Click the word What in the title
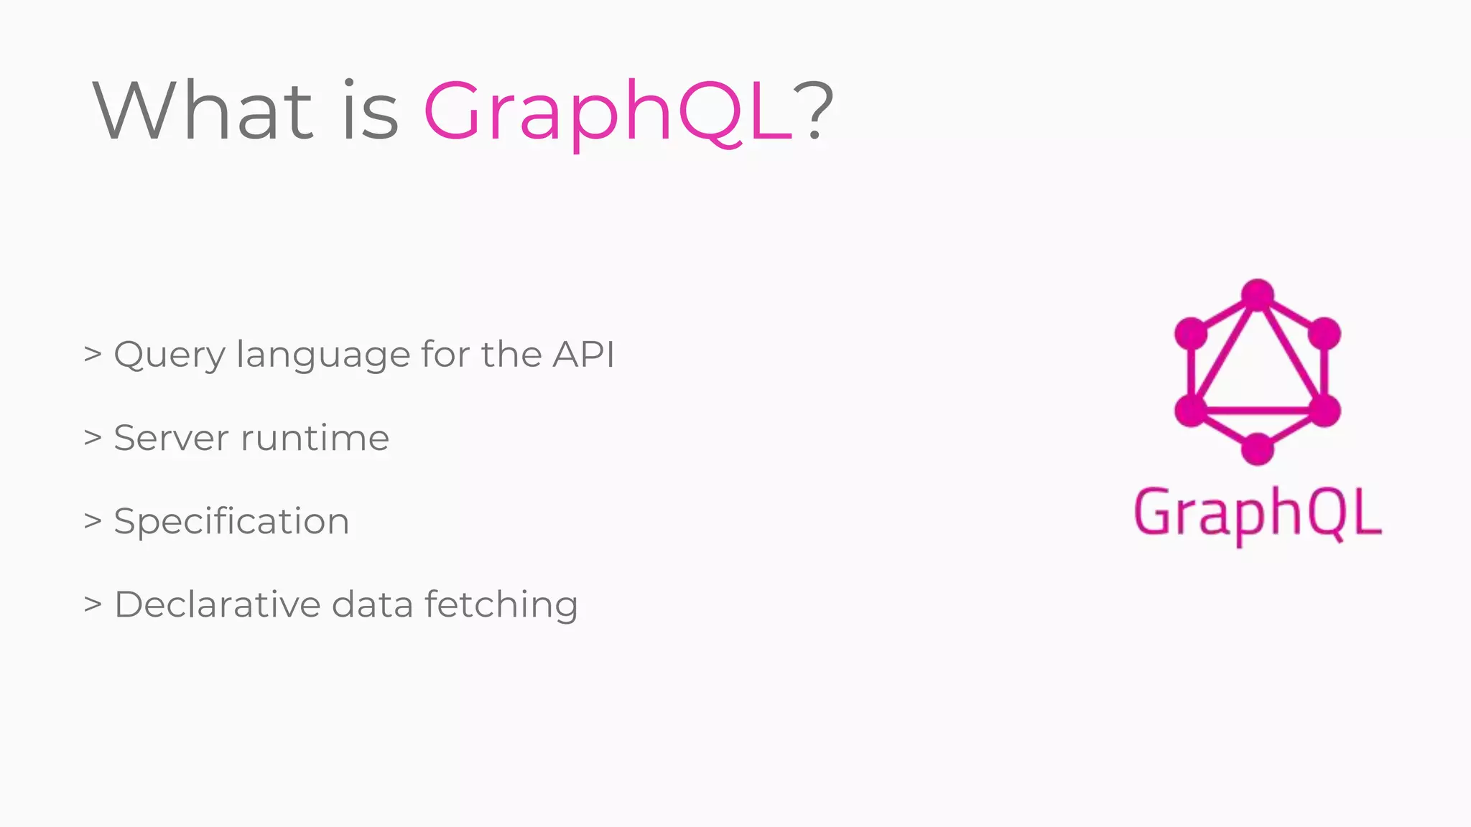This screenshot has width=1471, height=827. [203, 111]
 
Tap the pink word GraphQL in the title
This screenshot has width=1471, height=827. [608, 112]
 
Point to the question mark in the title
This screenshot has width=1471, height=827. [814, 111]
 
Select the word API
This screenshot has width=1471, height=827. [583, 354]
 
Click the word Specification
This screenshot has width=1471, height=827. [231, 522]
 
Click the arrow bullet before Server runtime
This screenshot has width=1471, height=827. [93, 437]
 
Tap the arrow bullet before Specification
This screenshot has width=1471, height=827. [93, 520]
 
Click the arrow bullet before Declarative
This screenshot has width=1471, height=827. [93, 604]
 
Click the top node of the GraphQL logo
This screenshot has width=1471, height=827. [1257, 294]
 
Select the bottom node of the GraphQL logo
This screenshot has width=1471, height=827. [1257, 449]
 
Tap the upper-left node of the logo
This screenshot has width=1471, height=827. [1190, 333]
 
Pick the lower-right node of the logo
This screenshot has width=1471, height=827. [1324, 411]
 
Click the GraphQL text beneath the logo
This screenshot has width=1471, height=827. [1257, 514]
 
